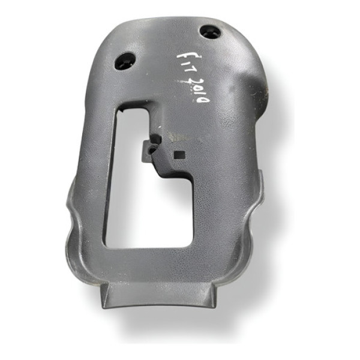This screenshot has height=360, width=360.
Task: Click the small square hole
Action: pos(178,155)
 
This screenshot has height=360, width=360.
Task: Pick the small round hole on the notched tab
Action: pos(155,139)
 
